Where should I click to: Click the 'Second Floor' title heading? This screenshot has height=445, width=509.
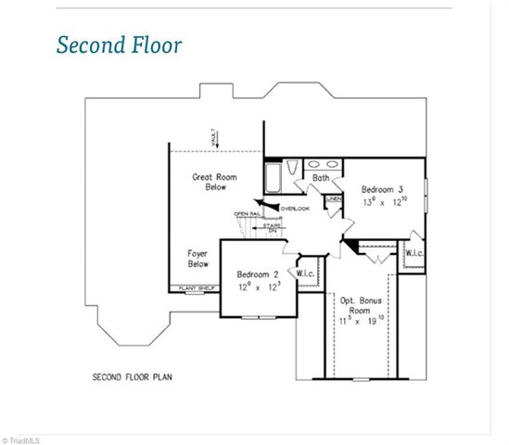[x=119, y=44]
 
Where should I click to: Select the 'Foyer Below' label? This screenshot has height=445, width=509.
[x=197, y=258]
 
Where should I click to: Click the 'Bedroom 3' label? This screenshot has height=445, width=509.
[x=382, y=185]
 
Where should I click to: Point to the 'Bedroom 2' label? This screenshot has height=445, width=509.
[x=257, y=274]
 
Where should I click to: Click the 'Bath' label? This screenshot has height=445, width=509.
[x=321, y=177]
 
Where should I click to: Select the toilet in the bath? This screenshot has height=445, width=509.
[x=293, y=168]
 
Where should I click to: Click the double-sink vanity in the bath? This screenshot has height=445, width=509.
[x=321, y=165]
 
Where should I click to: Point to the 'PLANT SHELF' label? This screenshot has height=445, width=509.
[x=191, y=289]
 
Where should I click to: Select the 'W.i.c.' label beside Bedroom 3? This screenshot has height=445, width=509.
[x=414, y=253]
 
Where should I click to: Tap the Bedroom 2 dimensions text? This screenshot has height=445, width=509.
[x=258, y=286]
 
